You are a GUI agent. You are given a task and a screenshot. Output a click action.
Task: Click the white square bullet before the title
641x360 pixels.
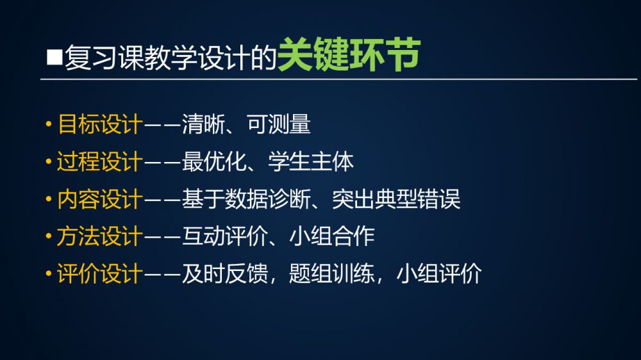[x=54, y=58]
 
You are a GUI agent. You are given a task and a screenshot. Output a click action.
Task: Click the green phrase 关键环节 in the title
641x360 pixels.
[x=349, y=54]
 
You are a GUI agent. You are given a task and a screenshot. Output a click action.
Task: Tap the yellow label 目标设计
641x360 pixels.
[x=100, y=124]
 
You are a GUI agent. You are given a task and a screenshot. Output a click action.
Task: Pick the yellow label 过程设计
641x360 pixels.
[x=100, y=162]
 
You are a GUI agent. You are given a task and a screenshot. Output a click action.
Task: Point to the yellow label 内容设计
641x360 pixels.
[x=100, y=199]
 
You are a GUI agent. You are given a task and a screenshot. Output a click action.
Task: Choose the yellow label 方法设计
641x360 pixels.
[x=100, y=236]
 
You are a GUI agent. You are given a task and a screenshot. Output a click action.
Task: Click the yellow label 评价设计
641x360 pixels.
[x=100, y=274]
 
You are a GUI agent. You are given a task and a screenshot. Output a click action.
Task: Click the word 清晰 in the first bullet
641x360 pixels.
[x=203, y=124]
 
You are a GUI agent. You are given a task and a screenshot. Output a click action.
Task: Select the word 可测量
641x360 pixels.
[x=278, y=124]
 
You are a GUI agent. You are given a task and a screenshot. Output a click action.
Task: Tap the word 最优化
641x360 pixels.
[x=214, y=162]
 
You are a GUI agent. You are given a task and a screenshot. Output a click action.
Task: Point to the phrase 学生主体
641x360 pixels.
[x=311, y=162]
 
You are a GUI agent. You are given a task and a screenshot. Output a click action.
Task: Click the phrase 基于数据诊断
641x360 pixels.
[x=246, y=199]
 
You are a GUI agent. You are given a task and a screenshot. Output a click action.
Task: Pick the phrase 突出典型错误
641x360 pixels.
[x=397, y=199]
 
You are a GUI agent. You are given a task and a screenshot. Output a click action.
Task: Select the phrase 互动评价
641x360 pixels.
[x=225, y=236]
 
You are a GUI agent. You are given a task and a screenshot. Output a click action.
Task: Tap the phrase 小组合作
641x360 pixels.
[x=332, y=236]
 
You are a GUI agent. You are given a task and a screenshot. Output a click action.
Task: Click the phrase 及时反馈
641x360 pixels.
[x=225, y=274]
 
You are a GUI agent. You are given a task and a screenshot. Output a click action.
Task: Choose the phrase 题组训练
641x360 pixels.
[x=332, y=274]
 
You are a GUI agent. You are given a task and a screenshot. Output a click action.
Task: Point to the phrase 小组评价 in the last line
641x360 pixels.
[x=440, y=274]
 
